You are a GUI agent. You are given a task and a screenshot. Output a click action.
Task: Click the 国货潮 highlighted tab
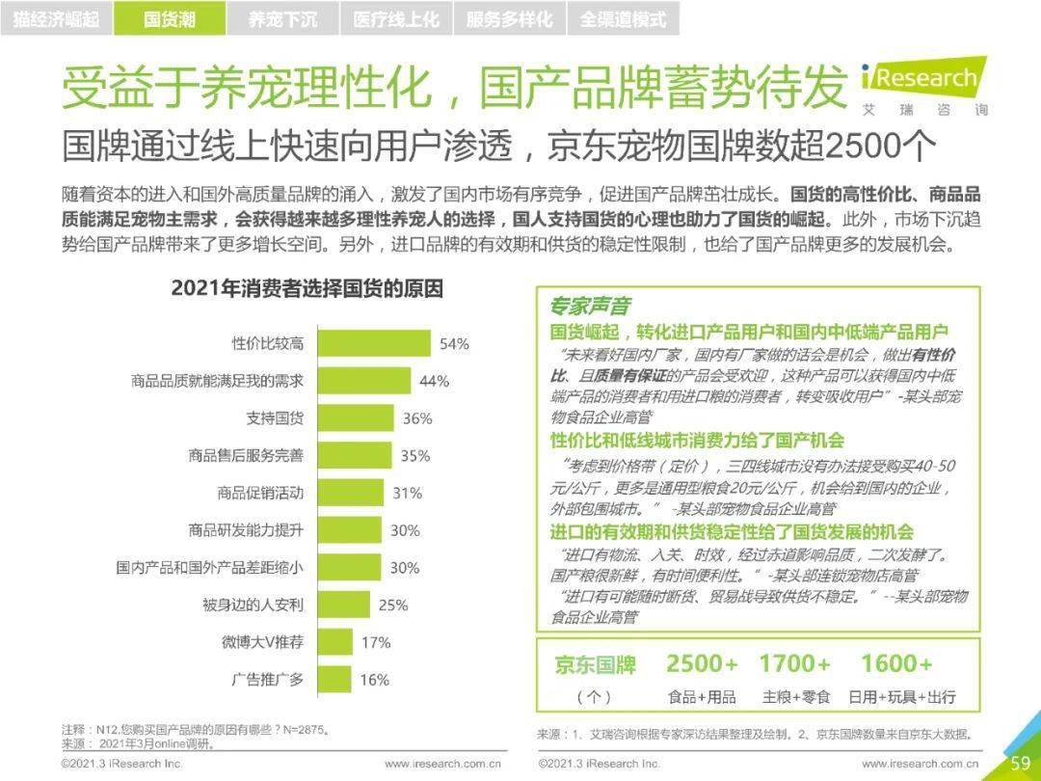click(x=169, y=18)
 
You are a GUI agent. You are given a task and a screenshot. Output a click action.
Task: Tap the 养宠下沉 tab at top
click(x=281, y=18)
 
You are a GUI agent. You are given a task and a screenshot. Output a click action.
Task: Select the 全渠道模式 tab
click(x=623, y=18)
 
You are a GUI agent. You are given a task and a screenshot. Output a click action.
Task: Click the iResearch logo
click(x=922, y=85)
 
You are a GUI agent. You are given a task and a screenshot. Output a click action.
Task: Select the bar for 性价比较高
click(x=374, y=343)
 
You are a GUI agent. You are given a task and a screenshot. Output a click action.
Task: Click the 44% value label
click(x=434, y=381)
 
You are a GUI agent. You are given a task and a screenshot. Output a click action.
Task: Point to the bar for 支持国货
click(x=356, y=418)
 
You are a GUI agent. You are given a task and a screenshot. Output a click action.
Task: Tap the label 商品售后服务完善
click(x=246, y=455)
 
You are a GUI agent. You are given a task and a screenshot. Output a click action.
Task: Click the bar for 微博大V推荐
click(x=334, y=642)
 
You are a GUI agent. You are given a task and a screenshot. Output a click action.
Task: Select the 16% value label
click(x=374, y=680)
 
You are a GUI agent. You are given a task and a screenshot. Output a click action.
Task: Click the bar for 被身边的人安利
click(x=344, y=605)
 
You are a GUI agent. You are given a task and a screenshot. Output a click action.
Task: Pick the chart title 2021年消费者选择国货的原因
click(x=307, y=287)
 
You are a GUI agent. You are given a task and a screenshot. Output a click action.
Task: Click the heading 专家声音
click(x=590, y=306)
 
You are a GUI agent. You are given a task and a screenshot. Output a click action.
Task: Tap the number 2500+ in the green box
click(x=702, y=664)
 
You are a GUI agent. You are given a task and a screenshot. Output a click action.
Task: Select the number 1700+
click(x=794, y=664)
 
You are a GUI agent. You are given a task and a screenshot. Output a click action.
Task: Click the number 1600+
click(x=896, y=664)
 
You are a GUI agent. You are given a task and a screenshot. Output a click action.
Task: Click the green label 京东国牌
click(x=596, y=665)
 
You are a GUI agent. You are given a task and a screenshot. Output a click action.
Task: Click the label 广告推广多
click(x=267, y=679)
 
